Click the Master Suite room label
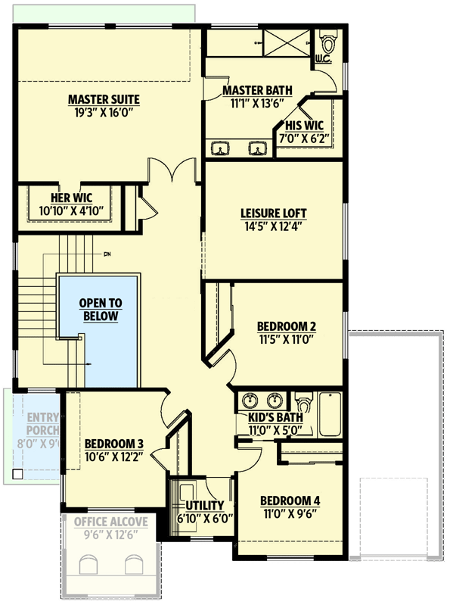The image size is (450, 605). coord(104,99)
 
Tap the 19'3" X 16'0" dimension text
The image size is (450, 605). coord(104,112)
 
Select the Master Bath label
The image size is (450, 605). coord(252,91)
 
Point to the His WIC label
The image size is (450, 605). coord(306,126)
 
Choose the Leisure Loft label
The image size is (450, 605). coord(273,213)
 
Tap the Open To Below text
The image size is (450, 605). coord(100,310)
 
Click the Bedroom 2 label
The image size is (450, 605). coord(287,326)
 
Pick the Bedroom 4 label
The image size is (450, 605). coord(290,501)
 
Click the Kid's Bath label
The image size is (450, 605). coord(275,417)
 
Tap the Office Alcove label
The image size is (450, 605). coord(110,521)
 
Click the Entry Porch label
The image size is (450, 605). coord(43,424)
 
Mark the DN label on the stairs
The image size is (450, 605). coord(107,254)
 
